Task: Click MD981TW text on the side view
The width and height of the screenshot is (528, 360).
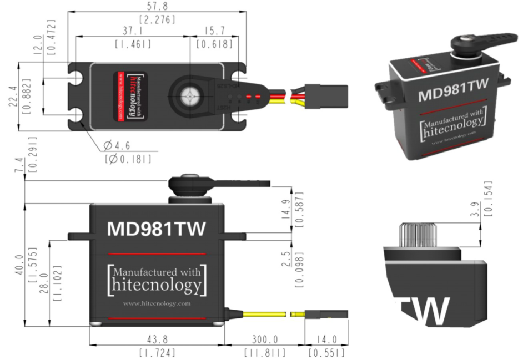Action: coord(157,229)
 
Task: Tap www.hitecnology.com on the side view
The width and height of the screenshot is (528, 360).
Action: coord(157,303)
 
